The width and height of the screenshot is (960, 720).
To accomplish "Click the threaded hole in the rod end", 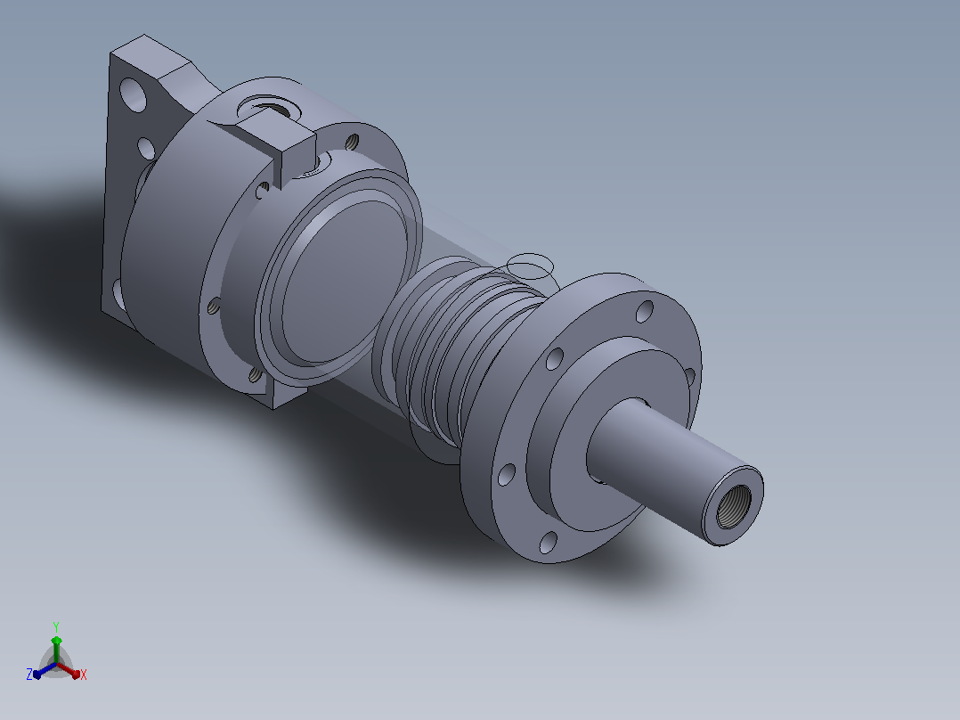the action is coord(734,505).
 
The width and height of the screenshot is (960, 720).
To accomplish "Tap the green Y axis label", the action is coord(56,627).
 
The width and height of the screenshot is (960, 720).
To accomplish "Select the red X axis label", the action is coord(84,675).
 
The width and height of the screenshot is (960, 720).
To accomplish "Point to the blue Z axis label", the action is coord(29,675).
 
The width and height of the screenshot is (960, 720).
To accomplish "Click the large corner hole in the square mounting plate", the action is coord(134,94).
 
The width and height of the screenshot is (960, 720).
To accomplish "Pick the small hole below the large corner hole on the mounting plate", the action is coord(146,148).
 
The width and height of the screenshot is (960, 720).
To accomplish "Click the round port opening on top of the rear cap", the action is coord(269,108).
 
